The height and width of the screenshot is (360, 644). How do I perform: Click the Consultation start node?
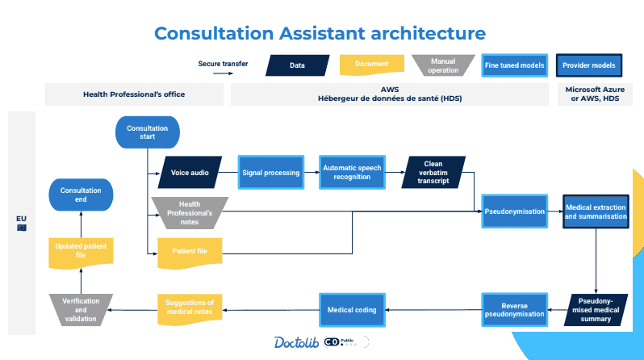coord(147,132)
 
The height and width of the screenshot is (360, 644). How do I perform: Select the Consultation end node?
coord(81,195)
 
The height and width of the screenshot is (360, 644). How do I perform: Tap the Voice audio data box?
coord(190,172)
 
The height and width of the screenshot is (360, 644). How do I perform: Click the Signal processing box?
coord(270,172)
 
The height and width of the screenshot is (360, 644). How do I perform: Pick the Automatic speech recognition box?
coord(352,172)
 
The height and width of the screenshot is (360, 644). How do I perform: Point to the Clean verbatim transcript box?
coord(433,172)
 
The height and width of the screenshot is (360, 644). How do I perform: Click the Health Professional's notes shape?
coord(190,213)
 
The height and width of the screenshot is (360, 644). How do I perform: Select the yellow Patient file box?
coord(190,251)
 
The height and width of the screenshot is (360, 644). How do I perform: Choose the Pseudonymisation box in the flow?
coord(514,211)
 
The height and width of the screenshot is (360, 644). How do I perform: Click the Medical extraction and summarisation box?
coord(596,211)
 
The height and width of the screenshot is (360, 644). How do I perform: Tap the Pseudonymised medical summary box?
coord(596,308)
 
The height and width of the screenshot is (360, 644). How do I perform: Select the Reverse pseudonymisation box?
coord(514,308)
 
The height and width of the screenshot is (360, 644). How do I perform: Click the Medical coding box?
coord(352,308)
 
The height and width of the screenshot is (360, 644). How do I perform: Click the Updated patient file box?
coord(81,250)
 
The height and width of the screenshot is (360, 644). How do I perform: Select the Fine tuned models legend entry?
coord(513,65)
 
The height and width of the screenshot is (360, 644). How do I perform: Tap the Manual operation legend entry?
coord(443,65)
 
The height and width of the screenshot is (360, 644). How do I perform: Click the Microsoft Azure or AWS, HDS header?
coord(596,94)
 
